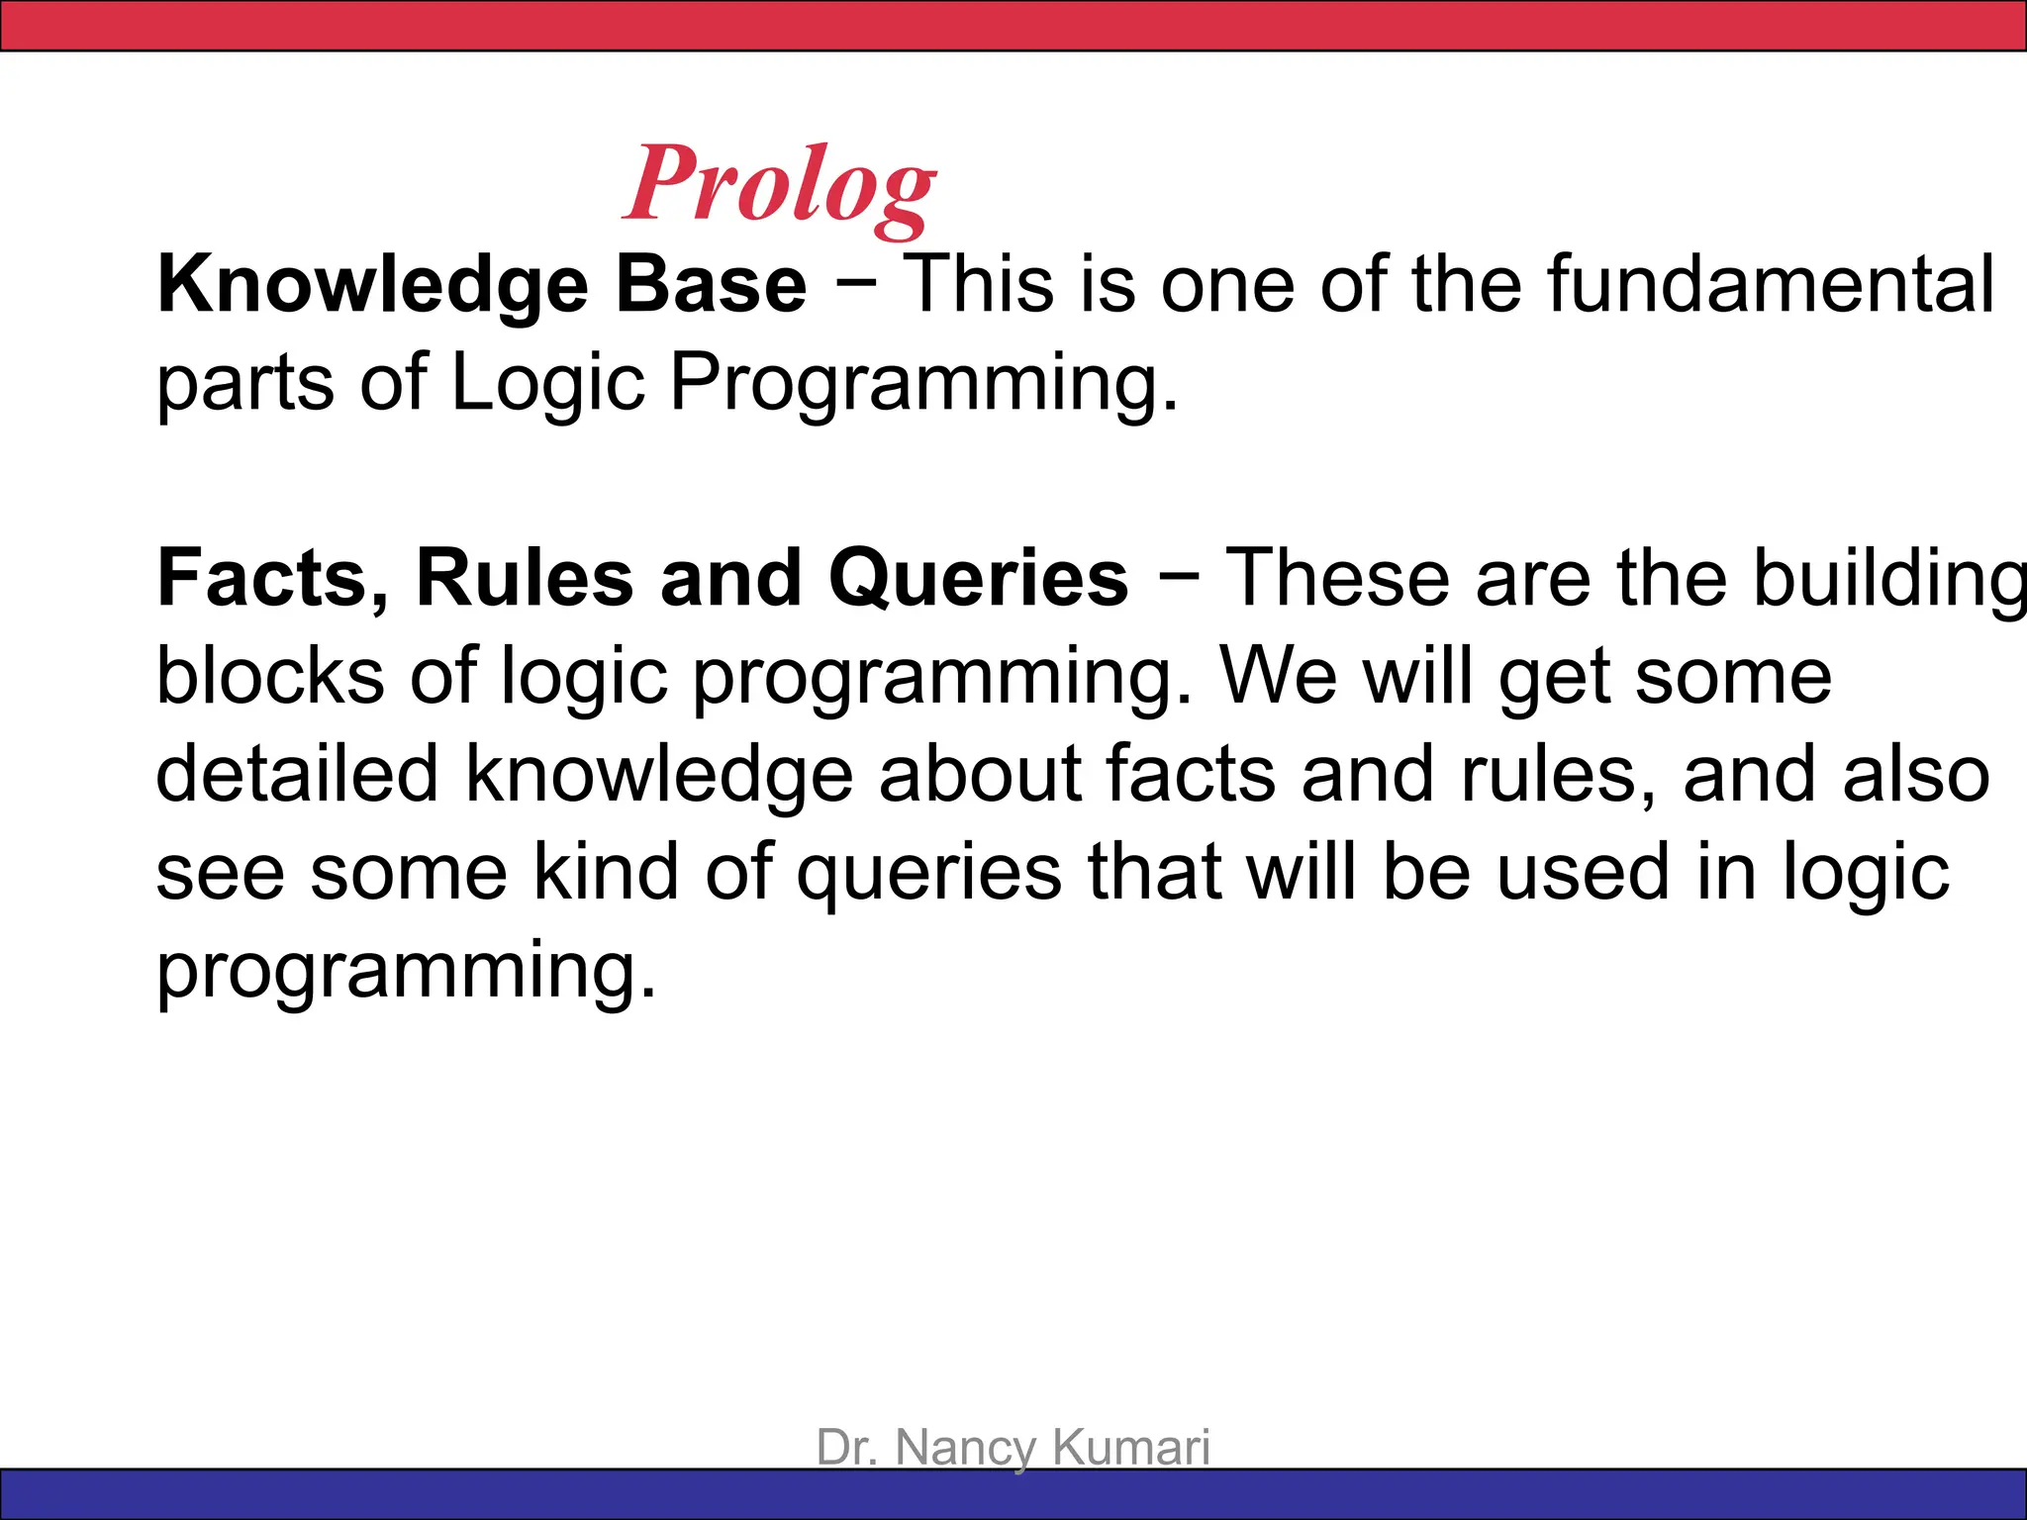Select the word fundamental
pyautogui.click(x=1771, y=285)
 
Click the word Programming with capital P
pyautogui.click(x=922, y=384)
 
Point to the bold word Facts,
pyautogui.click(x=273, y=578)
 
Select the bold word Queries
pyautogui.click(x=978, y=578)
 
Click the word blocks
pyautogui.click(x=270, y=677)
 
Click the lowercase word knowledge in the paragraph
pyautogui.click(x=659, y=776)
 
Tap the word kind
pyautogui.click(x=606, y=872)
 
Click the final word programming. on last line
pyautogui.click(x=406, y=972)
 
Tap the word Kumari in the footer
pyautogui.click(x=1130, y=1447)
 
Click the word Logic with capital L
pyautogui.click(x=547, y=384)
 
